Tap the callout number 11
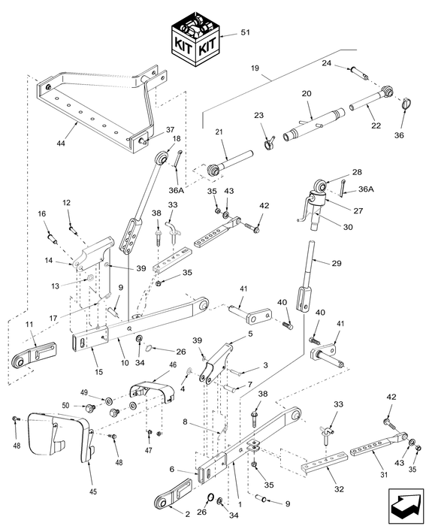31,325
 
